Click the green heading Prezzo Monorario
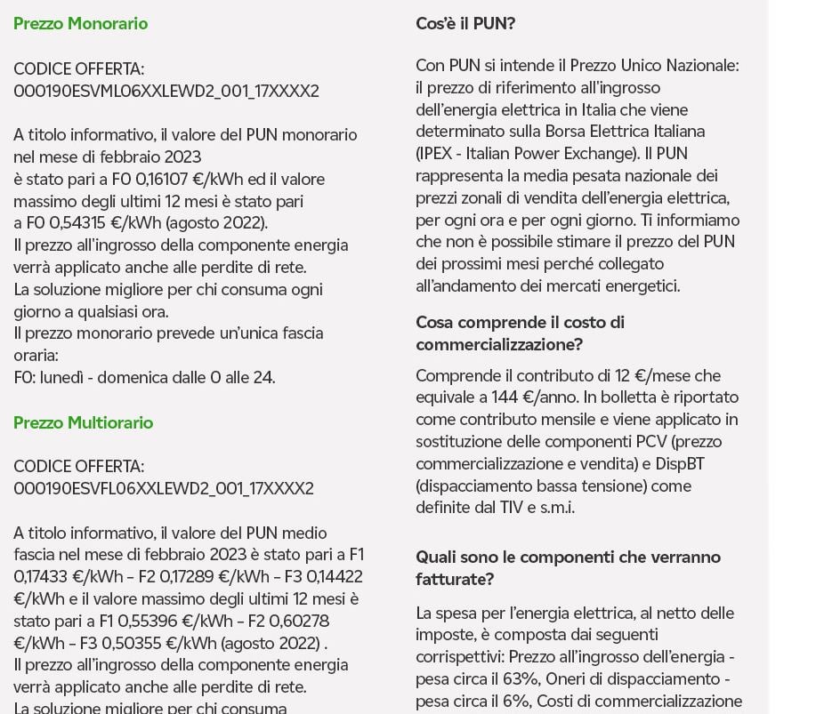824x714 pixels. pyautogui.click(x=80, y=24)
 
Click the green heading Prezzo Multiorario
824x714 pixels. pyautogui.click(x=83, y=423)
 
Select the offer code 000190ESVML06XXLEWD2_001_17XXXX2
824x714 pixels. pyautogui.click(x=166, y=91)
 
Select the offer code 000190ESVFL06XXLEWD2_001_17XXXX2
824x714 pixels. pyautogui.click(x=164, y=489)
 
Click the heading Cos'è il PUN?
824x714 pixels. pyautogui.click(x=465, y=24)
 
